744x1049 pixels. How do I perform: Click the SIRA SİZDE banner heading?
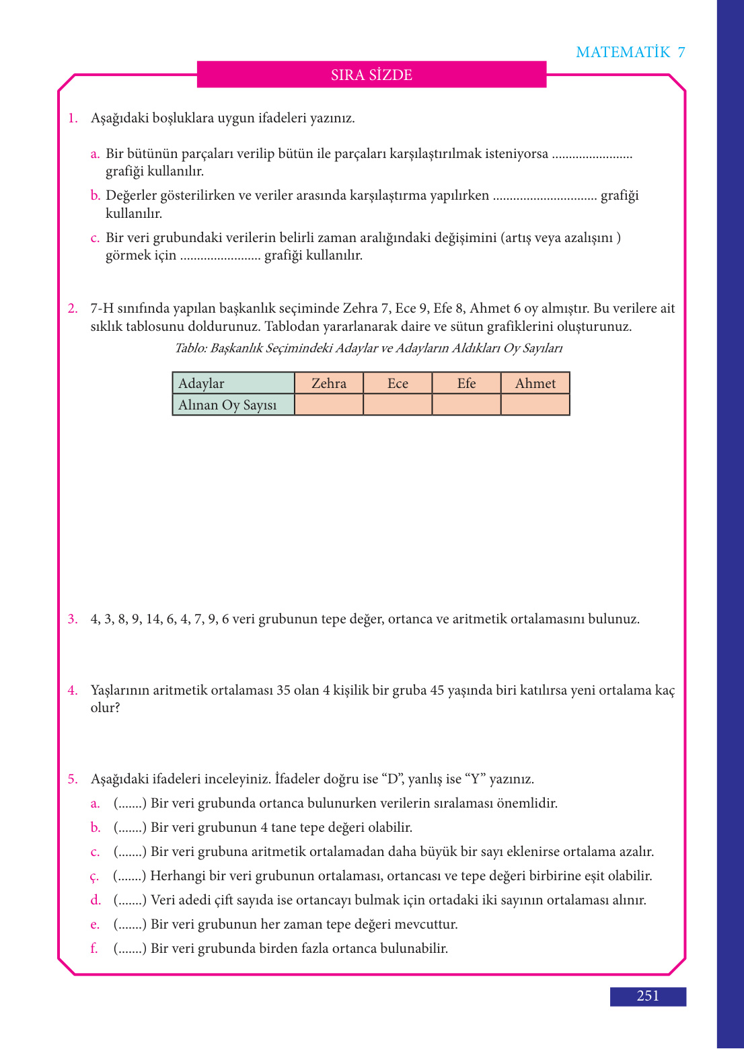[x=371, y=75]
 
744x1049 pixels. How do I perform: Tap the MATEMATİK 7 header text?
[x=630, y=52]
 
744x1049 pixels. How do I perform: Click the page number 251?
[x=648, y=996]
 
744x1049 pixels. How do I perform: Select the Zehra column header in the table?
[x=329, y=383]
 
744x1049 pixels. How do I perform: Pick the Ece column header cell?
[x=398, y=383]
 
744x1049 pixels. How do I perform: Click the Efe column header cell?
[x=466, y=383]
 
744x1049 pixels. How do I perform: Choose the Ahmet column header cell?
[x=535, y=383]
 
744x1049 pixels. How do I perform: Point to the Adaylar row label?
[x=201, y=383]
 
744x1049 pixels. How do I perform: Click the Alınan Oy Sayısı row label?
[x=227, y=405]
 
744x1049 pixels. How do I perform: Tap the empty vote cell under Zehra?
[x=329, y=405]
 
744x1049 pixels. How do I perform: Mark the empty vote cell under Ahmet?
[x=535, y=405]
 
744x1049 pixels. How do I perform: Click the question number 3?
[x=73, y=619]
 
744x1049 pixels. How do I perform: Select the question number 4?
[x=73, y=691]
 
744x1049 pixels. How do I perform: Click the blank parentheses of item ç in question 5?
[x=130, y=876]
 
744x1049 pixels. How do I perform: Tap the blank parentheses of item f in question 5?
[x=130, y=949]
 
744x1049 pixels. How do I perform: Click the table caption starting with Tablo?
[x=369, y=348]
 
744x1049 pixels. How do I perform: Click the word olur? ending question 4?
[x=105, y=708]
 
